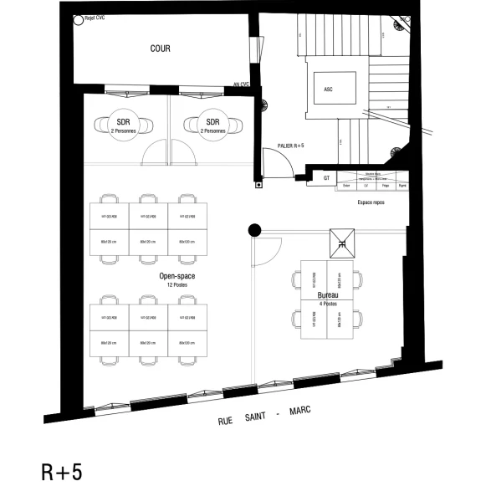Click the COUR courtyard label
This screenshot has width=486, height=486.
pos(160,49)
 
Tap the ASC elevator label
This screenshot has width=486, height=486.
pos(328,86)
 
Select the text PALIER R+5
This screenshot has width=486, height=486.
pos(290,145)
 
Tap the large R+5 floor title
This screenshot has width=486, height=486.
pos(62,471)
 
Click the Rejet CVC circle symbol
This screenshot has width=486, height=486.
pos(78,19)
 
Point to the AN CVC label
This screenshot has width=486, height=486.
pos(243,84)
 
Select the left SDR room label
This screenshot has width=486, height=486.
pos(123,123)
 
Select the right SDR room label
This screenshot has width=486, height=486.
pos(212,123)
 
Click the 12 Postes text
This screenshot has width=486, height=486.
pos(176,284)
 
